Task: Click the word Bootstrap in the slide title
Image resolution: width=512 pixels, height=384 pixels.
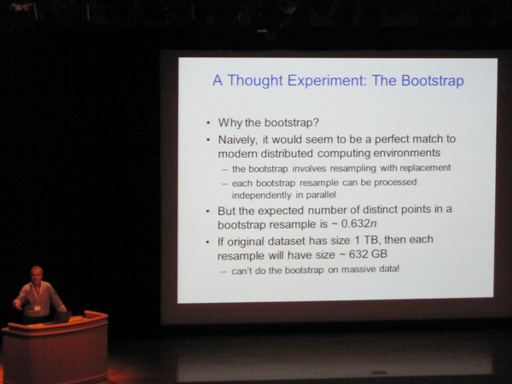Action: point(433,81)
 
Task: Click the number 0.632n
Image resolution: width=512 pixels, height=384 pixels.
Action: point(358,224)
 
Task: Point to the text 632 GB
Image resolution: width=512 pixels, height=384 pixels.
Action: point(368,253)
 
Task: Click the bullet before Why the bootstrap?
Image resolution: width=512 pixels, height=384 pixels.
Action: point(208,124)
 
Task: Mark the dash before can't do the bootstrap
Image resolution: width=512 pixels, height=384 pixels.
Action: point(224,271)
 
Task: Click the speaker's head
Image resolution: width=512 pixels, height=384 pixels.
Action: point(37,274)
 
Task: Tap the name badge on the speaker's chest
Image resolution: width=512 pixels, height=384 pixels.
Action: point(38,308)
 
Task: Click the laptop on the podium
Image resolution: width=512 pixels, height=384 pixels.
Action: point(61,317)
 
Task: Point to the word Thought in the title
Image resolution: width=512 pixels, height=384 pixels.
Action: point(255,81)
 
